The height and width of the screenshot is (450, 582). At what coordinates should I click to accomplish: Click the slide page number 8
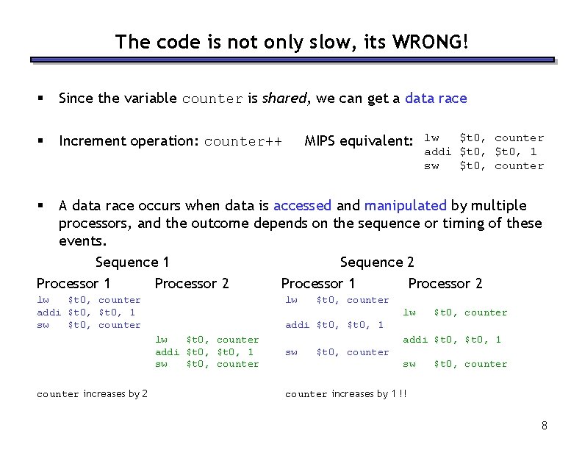(544, 426)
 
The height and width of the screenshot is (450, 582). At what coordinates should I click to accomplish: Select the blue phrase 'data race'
(436, 99)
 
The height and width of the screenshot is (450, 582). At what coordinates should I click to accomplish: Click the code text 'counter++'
(242, 141)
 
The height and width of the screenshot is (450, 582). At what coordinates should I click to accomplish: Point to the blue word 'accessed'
(302, 206)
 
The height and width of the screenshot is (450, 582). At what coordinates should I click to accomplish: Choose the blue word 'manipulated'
(405, 206)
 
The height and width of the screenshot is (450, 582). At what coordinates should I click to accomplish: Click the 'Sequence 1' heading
(132, 262)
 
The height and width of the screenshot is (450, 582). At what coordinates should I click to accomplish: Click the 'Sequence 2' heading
(377, 262)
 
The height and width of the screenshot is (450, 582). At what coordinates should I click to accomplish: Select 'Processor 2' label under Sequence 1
(192, 284)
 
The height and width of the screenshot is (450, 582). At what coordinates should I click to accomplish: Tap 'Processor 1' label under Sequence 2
(318, 284)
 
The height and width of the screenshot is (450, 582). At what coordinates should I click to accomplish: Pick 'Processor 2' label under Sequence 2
(445, 284)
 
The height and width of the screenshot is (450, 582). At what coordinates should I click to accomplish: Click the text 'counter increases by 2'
(92, 394)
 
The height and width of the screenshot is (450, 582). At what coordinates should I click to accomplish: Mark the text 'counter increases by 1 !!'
(345, 394)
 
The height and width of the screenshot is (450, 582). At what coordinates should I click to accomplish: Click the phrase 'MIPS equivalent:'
(359, 141)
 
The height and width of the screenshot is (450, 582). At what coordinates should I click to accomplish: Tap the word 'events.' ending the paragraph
(82, 241)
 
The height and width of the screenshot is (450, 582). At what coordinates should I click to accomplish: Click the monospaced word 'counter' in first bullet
(212, 99)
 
